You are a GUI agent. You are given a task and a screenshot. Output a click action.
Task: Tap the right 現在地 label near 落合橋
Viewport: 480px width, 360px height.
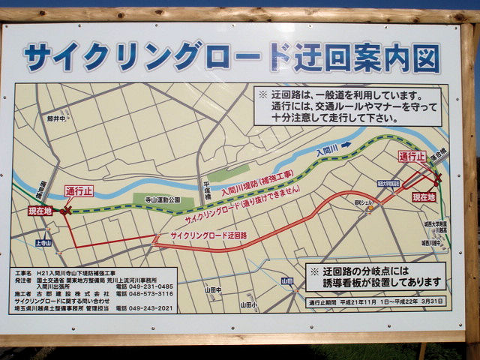click(424, 197)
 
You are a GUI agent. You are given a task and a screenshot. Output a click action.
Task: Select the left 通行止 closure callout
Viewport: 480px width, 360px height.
click(79, 190)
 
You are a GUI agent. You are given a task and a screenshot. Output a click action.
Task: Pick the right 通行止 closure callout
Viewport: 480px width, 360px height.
click(412, 157)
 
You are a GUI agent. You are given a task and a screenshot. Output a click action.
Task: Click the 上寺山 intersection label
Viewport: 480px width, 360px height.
click(43, 243)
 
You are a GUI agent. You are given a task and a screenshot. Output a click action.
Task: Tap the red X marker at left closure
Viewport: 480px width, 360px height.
click(67, 211)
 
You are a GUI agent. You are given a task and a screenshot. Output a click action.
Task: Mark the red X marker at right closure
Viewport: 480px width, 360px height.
click(437, 178)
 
